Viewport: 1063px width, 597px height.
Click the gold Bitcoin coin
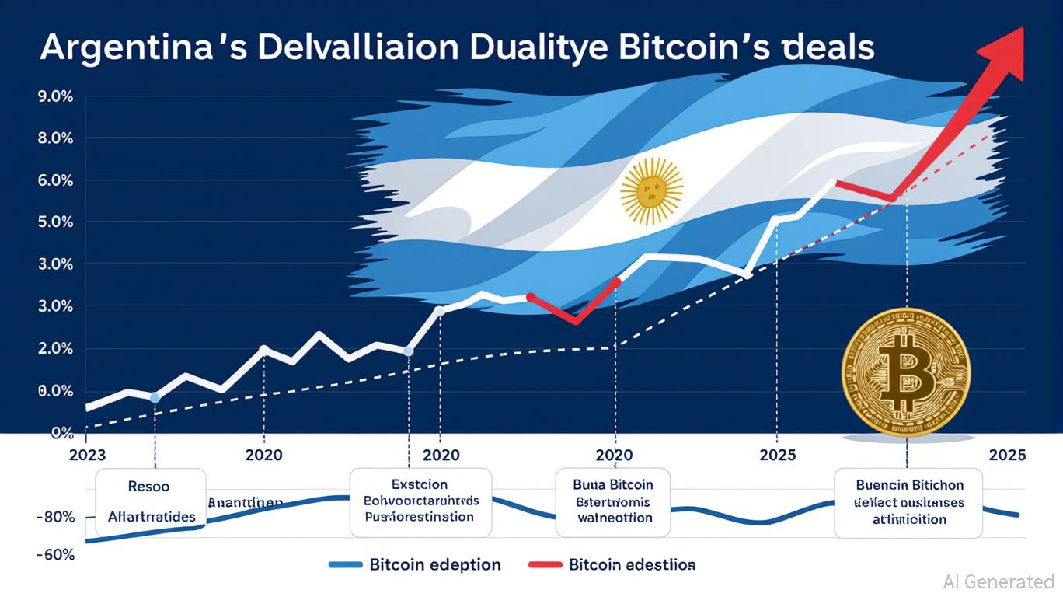[x=906, y=372]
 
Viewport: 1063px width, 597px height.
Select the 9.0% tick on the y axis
[x=54, y=97]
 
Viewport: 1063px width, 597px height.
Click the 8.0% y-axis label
[x=54, y=139]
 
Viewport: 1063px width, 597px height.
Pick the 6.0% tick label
[x=54, y=181]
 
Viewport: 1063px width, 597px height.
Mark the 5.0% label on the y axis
[x=54, y=223]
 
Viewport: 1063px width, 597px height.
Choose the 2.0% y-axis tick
[x=54, y=349]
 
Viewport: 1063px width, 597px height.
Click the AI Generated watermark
[x=998, y=581]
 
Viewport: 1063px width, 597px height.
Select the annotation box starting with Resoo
[x=151, y=501]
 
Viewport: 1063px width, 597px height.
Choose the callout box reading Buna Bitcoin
[x=612, y=501]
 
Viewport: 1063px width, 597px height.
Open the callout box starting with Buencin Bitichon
[x=908, y=502]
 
